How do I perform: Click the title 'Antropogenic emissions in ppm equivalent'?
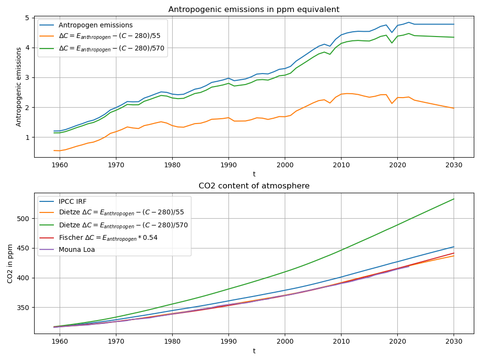tap(253, 10)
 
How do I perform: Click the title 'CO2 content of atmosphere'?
tap(253, 186)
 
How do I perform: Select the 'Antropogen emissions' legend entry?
tap(95, 25)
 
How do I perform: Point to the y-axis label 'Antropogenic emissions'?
tap(19, 87)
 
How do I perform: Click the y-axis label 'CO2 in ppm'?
tap(11, 263)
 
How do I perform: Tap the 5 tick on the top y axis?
tap(27, 18)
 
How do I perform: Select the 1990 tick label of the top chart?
tap(228, 165)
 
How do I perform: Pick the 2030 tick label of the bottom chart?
tap(454, 341)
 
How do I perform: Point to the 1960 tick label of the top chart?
tap(59, 165)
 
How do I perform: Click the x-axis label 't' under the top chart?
tap(253, 174)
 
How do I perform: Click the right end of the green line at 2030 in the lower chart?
tap(454, 199)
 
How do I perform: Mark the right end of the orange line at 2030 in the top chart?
tap(454, 108)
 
